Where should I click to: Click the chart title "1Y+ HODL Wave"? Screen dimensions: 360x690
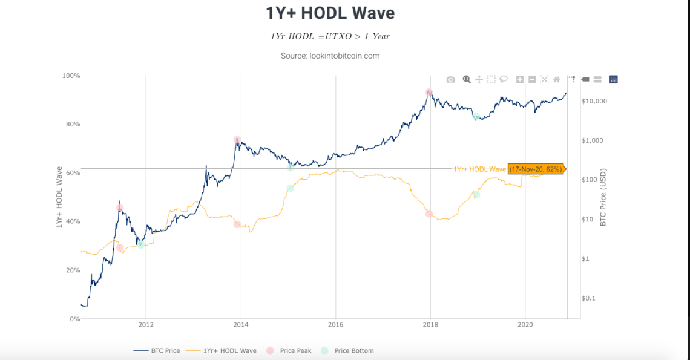330,13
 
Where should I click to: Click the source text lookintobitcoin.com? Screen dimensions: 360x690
330,56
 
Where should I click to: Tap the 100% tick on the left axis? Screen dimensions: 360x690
71,76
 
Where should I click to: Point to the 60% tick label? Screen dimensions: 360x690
73,173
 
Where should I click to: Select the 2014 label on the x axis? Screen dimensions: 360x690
241,324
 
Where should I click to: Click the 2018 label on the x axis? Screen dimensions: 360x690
430,324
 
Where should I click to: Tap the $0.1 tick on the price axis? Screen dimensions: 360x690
588,298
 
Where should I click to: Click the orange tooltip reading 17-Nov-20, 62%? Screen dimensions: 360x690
536,169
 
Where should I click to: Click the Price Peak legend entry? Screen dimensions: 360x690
289,350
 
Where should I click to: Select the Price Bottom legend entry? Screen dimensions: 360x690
347,350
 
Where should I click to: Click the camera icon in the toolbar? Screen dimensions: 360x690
450,79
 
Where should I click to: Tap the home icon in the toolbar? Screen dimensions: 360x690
556,79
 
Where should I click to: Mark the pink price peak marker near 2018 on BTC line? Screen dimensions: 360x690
429,93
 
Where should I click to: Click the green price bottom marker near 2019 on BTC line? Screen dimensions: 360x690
476,117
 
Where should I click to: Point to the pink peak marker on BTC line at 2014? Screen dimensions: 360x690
237,140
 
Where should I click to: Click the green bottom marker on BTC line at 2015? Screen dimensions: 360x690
291,166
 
